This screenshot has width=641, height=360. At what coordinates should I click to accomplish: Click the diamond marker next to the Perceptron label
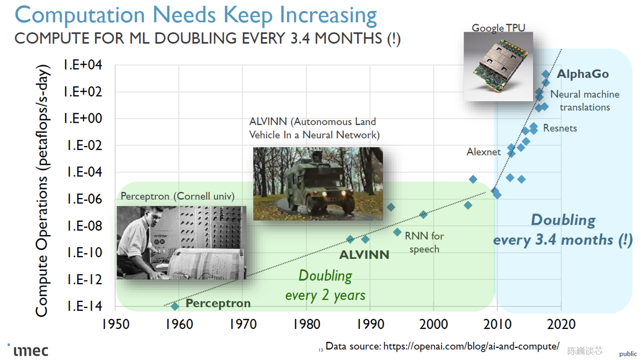coord(175,306)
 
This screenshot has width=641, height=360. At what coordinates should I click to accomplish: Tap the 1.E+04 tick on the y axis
coord(83,65)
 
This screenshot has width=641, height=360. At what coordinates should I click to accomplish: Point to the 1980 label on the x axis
coord(307,325)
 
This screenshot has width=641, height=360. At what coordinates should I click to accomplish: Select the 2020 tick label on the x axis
coord(561,325)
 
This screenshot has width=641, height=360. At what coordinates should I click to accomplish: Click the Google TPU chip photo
coord(498,67)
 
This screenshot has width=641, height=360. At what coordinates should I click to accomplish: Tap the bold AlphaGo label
coord(582,74)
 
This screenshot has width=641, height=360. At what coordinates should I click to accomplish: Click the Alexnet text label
coord(484,152)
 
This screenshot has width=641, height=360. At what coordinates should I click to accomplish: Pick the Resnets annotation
coord(560,128)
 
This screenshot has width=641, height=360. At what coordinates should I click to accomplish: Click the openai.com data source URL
coord(471,347)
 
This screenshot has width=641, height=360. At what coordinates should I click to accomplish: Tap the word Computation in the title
coord(80,15)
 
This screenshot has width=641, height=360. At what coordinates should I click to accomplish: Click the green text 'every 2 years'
coord(325,295)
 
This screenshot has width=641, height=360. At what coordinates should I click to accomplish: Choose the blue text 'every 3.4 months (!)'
coord(563,240)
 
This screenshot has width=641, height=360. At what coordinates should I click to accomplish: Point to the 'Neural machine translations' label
coord(585,101)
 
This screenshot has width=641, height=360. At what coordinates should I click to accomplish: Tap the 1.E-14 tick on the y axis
coord(85,306)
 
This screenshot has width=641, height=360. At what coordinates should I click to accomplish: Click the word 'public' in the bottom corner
coord(628,354)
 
